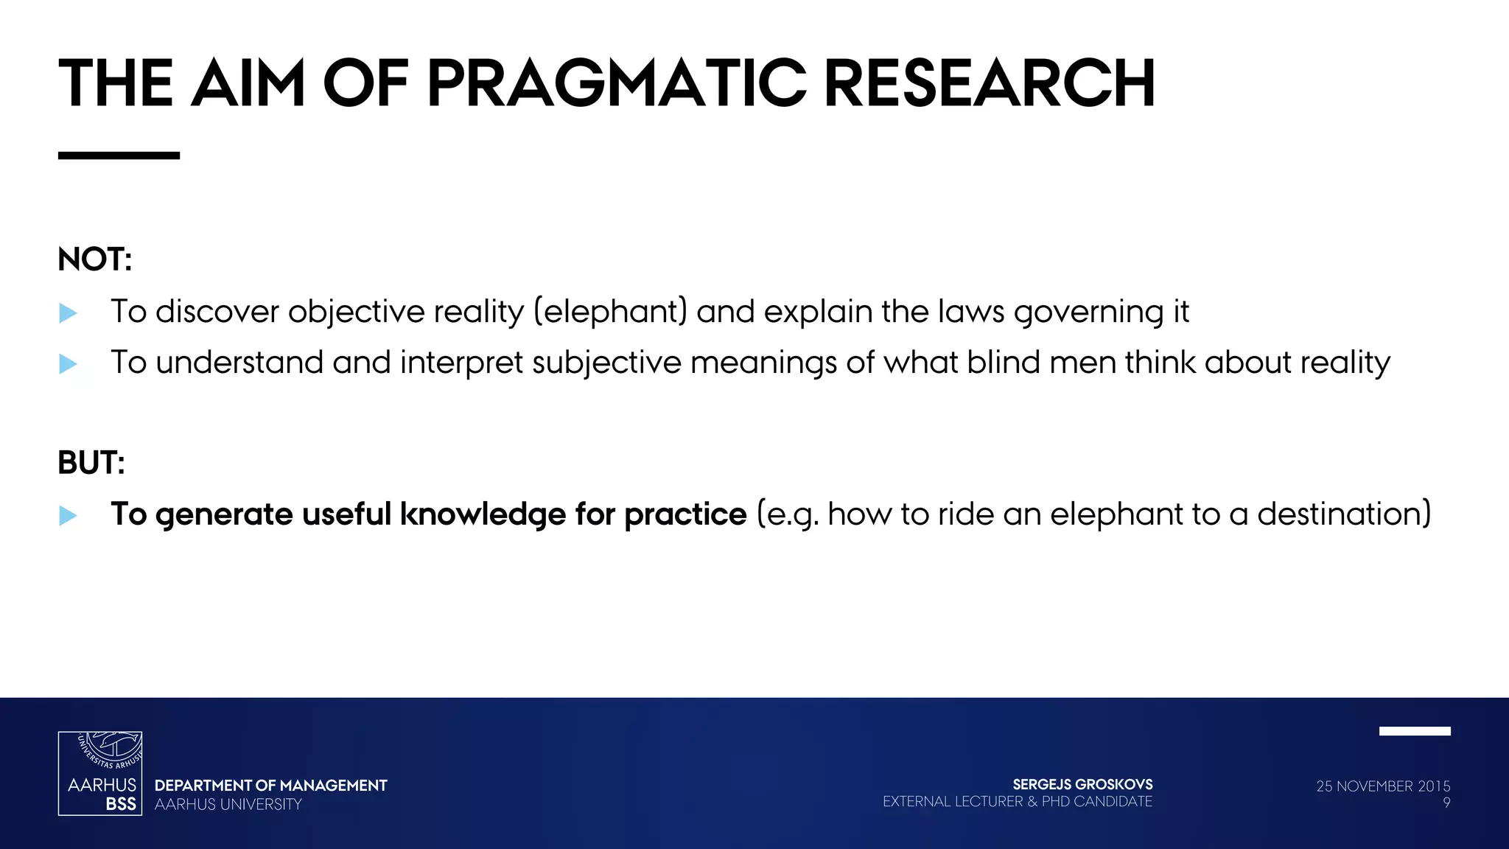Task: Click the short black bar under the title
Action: pos(119,156)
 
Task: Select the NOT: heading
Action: pos(95,259)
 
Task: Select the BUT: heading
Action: pos(91,463)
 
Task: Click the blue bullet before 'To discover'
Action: pos(68,313)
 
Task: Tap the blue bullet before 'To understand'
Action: pos(68,363)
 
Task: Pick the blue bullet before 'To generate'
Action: pos(68,515)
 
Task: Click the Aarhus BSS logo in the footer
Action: pos(100,773)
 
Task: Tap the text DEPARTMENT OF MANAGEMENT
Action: pos(270,786)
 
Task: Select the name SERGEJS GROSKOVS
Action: pos(1082,785)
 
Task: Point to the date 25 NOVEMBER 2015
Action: pos(1383,786)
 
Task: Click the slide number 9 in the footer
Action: pos(1446,803)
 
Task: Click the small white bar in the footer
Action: pos(1415,731)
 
